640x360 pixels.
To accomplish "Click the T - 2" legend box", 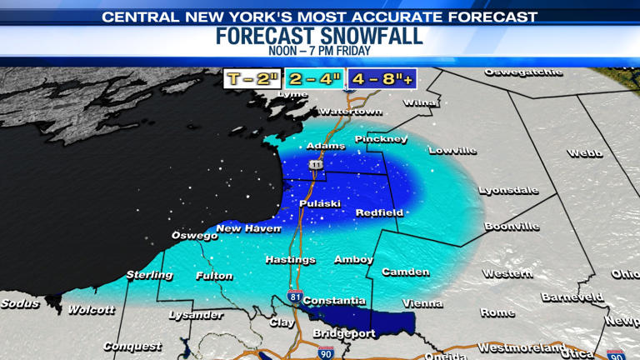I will point(252,79).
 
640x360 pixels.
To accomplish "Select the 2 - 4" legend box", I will point(315,79).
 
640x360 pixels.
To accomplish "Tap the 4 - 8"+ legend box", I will point(382,79).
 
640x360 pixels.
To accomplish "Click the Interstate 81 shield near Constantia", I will point(295,297).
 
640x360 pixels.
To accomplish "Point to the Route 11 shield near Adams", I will point(317,165).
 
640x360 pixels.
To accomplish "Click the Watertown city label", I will point(350,112).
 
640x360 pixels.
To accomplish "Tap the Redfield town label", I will point(379,212).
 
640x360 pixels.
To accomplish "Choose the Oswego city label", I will point(194,236).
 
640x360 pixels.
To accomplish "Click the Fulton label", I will point(214,275).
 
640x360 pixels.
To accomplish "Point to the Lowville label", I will point(452,151).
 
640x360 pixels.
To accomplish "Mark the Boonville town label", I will point(512,227).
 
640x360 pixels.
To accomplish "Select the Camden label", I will point(406,272).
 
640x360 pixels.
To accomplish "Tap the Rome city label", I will point(497,312).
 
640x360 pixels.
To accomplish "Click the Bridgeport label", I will point(344,333).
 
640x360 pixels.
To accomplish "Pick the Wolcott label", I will point(92,310).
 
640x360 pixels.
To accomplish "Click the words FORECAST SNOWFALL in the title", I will point(319,36).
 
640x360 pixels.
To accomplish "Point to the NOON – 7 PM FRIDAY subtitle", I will point(319,52).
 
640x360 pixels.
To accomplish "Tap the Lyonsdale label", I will point(508,191).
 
